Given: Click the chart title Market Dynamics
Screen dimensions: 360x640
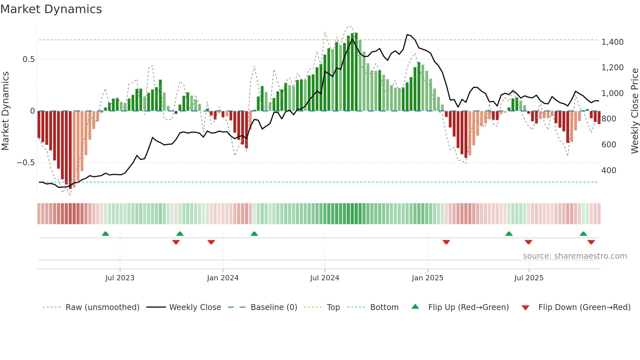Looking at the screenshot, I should (51, 9).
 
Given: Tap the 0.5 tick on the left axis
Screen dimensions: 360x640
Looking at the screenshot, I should (28, 59).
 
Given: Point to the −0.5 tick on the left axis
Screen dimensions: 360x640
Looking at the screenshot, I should (25, 163).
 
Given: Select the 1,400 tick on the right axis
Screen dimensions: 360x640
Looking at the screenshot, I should (612, 42).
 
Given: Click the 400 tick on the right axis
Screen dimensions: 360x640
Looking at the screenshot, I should (609, 171).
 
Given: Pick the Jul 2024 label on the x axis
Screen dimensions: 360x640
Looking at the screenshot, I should (324, 278).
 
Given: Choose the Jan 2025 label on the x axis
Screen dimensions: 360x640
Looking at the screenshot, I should (427, 278).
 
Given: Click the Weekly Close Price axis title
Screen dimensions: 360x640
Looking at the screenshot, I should (634, 111).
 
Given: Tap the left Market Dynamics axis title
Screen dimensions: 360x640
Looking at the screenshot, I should (5, 111).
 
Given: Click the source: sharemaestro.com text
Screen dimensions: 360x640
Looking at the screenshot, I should (575, 256).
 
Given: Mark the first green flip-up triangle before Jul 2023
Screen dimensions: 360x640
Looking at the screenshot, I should (105, 234).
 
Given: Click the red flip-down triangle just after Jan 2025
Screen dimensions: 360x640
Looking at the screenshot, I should (446, 242).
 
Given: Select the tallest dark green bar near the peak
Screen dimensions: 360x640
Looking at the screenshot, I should (356, 72).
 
